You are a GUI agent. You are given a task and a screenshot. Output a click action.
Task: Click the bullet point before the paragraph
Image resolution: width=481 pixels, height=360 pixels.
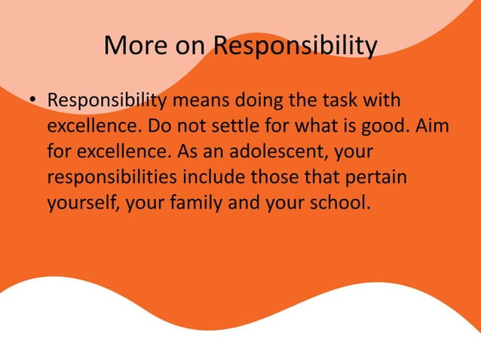pyautogui.click(x=33, y=100)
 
